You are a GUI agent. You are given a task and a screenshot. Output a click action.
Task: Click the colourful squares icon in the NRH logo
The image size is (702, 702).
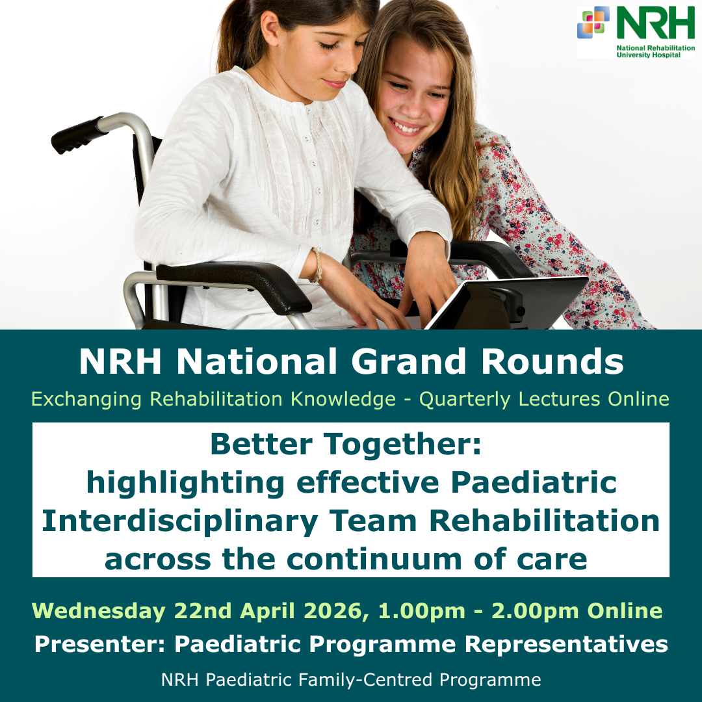(x=593, y=22)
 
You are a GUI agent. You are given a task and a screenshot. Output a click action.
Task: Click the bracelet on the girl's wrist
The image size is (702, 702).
(x=317, y=266)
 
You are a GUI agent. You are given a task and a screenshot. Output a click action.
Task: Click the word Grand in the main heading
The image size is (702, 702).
(x=408, y=362)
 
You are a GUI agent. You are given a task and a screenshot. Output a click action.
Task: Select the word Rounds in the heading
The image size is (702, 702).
(x=552, y=362)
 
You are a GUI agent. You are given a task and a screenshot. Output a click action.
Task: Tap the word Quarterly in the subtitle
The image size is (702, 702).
(x=465, y=399)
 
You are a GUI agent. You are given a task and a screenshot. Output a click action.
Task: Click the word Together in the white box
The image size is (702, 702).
(x=402, y=445)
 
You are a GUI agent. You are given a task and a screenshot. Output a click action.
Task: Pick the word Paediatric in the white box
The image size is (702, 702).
(x=534, y=482)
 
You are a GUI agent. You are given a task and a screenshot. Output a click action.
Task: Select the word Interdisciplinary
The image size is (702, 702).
(x=179, y=522)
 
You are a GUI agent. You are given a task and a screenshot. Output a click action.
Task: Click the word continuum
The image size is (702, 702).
(x=374, y=560)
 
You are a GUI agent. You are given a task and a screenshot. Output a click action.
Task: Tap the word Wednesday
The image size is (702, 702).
(x=99, y=611)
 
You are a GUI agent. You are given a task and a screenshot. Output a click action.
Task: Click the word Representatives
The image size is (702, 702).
(x=566, y=645)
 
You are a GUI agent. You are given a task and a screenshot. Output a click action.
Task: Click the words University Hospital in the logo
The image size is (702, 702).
(x=648, y=55)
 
